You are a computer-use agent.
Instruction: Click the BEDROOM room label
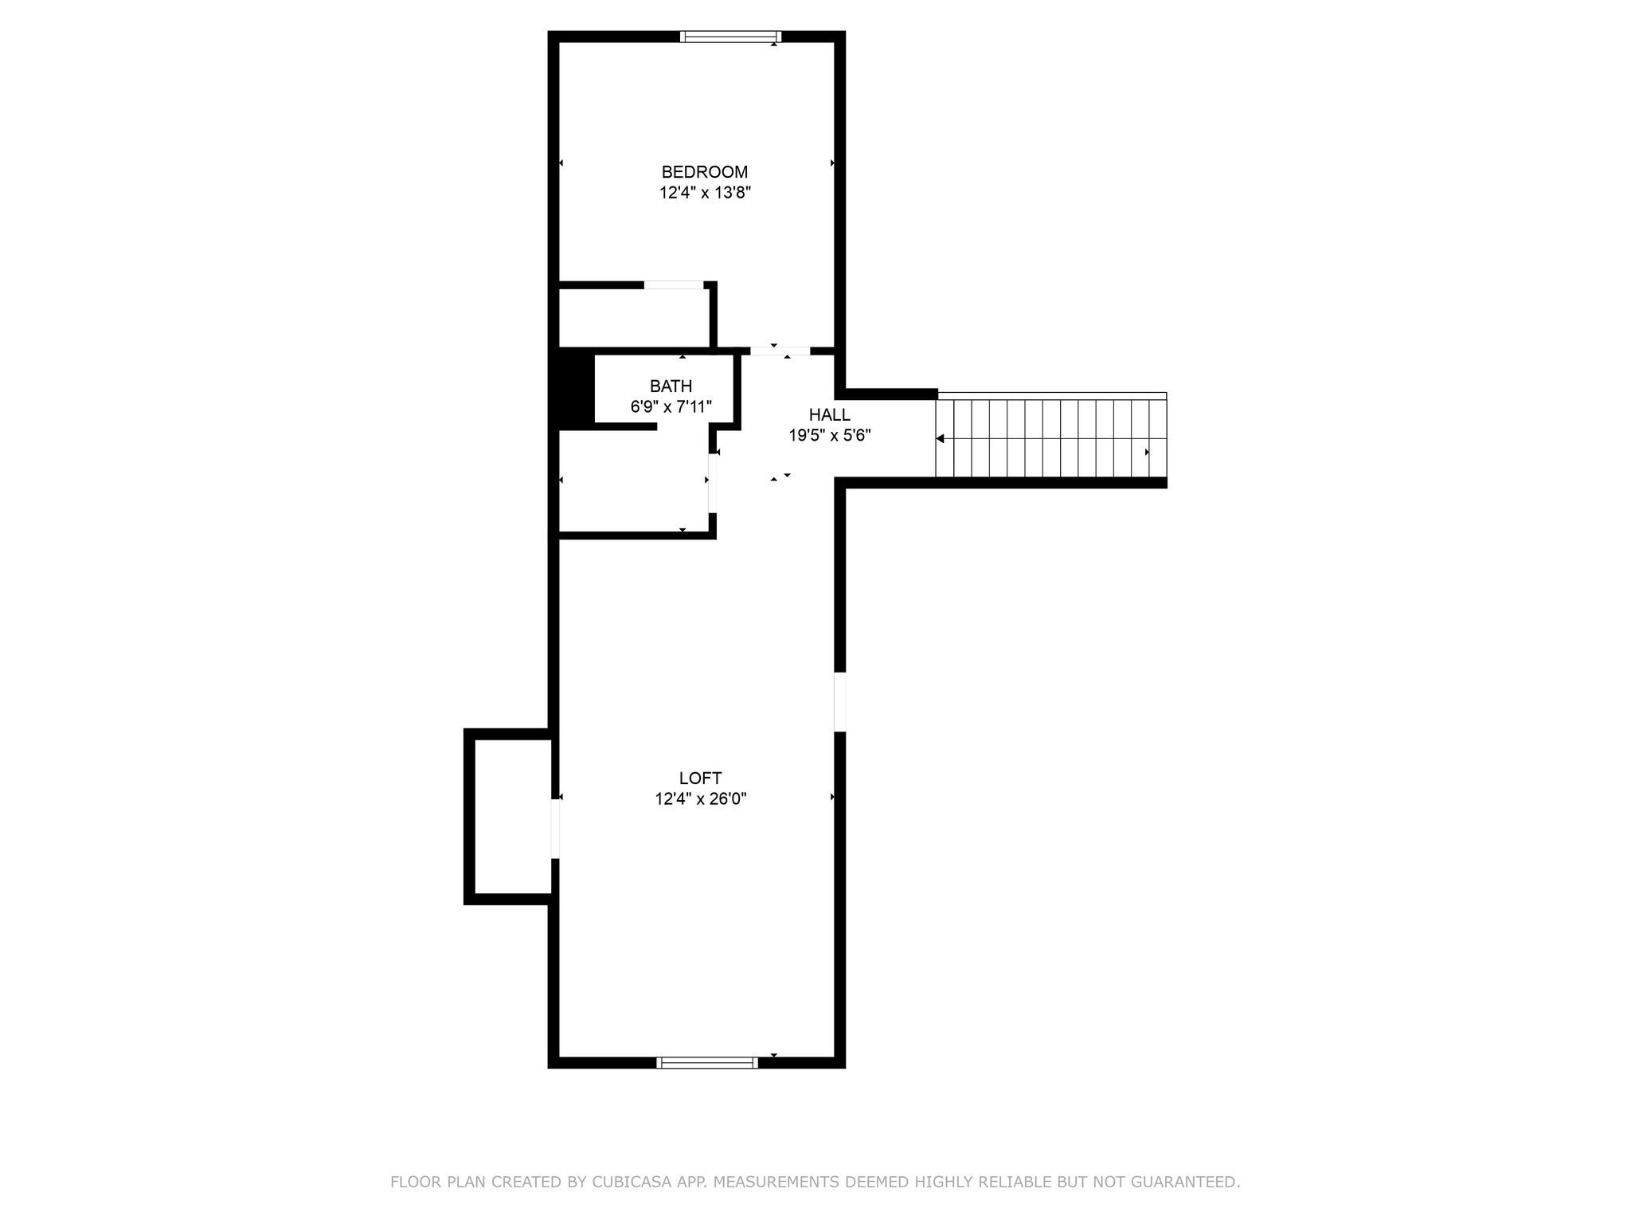(705, 172)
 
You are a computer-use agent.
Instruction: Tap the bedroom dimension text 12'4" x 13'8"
(706, 193)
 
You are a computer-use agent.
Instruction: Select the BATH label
(671, 386)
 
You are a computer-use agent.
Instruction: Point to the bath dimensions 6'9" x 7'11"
(671, 407)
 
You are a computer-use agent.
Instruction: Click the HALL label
(830, 415)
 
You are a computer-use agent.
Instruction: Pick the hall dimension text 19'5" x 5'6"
(830, 436)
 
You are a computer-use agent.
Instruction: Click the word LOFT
(701, 779)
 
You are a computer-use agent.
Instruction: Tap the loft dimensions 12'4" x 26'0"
(701, 799)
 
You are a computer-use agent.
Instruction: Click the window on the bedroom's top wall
(730, 37)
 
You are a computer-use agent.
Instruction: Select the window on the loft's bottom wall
(706, 1062)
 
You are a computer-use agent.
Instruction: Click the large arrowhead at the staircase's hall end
(940, 439)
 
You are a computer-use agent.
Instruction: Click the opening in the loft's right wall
(839, 702)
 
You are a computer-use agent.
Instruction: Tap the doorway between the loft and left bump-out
(555, 829)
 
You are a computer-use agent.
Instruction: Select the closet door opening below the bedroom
(674, 285)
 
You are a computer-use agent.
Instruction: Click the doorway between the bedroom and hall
(780, 351)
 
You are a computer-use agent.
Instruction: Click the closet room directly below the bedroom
(634, 318)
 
